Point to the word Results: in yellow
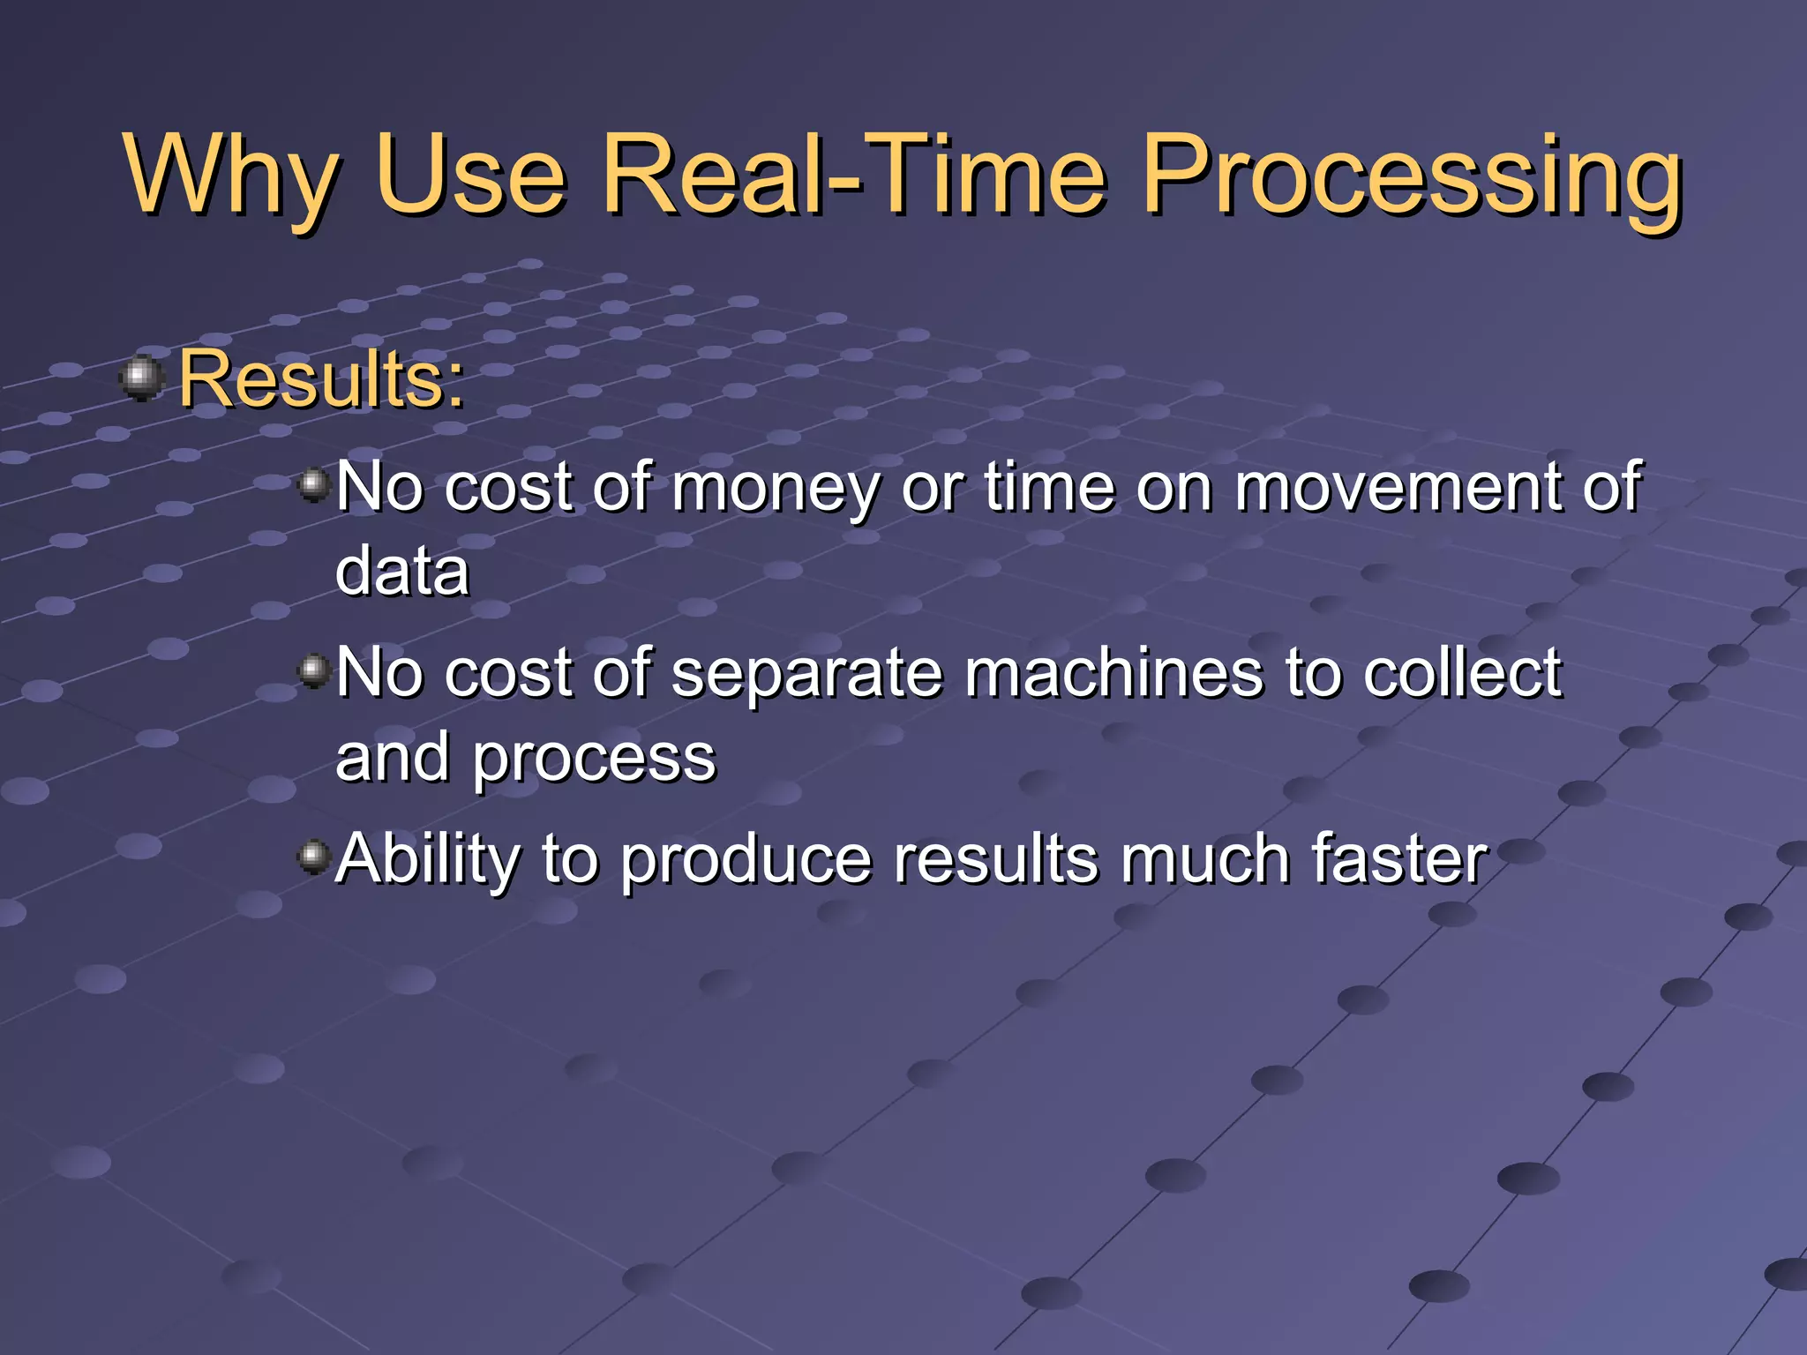pos(321,379)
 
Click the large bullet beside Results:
pos(141,378)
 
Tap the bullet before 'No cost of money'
pos(313,484)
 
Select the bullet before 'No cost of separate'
pos(313,671)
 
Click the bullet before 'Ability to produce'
pos(313,857)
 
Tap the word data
pos(402,572)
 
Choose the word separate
pos(806,674)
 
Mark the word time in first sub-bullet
pos(1050,488)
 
